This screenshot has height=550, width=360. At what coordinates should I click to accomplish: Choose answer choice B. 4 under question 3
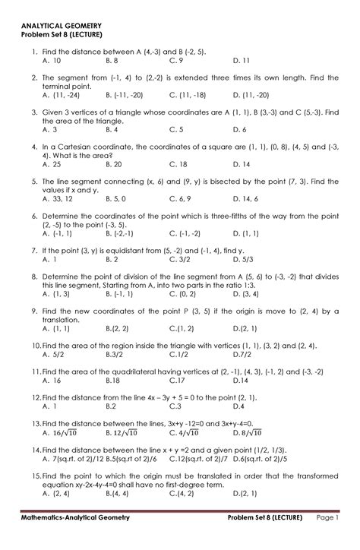[x=115, y=129]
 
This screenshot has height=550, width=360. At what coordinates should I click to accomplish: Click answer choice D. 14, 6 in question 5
[x=247, y=199]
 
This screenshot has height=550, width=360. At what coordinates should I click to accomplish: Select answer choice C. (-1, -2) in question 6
[x=186, y=234]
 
